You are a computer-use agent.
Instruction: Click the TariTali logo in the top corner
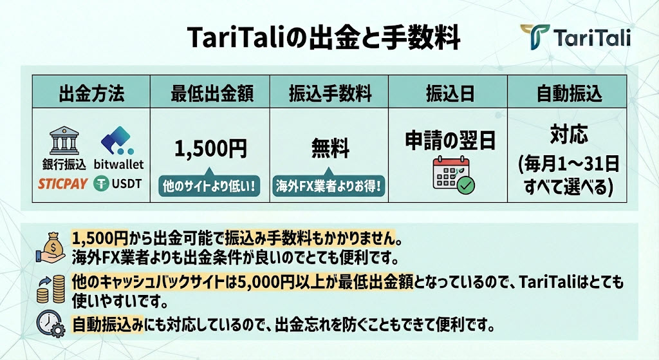[575, 37]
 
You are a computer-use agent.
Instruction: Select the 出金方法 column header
[91, 93]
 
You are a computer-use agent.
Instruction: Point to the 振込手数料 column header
[330, 93]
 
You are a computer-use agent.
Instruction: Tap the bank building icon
[64, 141]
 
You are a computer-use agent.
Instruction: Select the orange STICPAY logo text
[62, 184]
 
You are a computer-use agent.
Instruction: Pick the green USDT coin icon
[101, 184]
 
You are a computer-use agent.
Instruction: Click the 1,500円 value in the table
[210, 149]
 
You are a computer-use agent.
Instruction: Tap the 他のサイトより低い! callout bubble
[209, 185]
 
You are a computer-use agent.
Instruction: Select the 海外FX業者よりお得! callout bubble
[329, 185]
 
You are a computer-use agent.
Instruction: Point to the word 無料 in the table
[330, 149]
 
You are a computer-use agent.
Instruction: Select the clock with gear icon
[50, 324]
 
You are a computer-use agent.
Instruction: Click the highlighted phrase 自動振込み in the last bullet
[107, 325]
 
